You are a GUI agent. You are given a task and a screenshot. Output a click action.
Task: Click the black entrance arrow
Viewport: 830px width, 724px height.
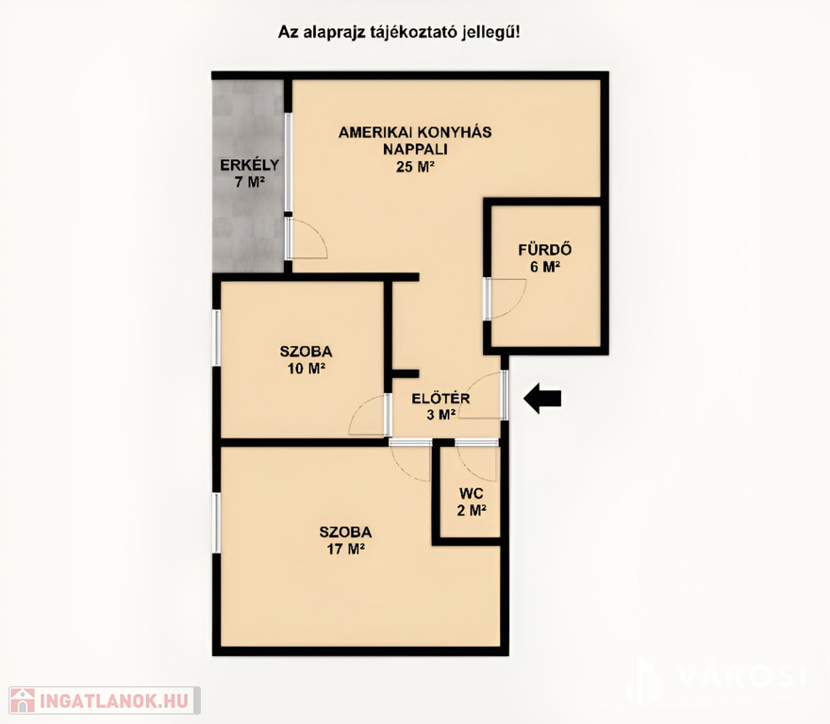click(542, 399)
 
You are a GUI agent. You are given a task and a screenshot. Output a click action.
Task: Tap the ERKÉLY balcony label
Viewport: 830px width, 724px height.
click(249, 165)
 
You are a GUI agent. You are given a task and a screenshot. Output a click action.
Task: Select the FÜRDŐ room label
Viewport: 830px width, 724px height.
click(545, 249)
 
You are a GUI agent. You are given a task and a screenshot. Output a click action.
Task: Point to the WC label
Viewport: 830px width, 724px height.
click(471, 493)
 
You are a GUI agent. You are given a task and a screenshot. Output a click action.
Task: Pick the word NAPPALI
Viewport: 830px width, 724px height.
click(415, 149)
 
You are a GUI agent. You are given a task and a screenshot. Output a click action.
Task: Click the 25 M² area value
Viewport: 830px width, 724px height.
click(415, 167)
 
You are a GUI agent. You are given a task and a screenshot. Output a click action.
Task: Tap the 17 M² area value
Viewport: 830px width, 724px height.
click(345, 549)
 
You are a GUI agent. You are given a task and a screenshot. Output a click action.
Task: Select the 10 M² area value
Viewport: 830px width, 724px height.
click(306, 369)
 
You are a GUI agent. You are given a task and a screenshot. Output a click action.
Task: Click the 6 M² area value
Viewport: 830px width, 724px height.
click(545, 267)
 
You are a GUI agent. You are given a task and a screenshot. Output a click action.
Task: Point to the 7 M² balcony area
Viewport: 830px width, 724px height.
click(249, 182)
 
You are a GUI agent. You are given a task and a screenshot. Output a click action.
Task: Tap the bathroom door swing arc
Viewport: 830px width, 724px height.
click(517, 305)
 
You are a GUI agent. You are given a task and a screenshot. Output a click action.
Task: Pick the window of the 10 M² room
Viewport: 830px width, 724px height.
click(217, 337)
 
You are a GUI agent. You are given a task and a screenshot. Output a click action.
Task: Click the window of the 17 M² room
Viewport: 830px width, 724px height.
click(217, 522)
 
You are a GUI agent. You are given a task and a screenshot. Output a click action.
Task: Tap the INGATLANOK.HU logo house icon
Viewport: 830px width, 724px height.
click(23, 700)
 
